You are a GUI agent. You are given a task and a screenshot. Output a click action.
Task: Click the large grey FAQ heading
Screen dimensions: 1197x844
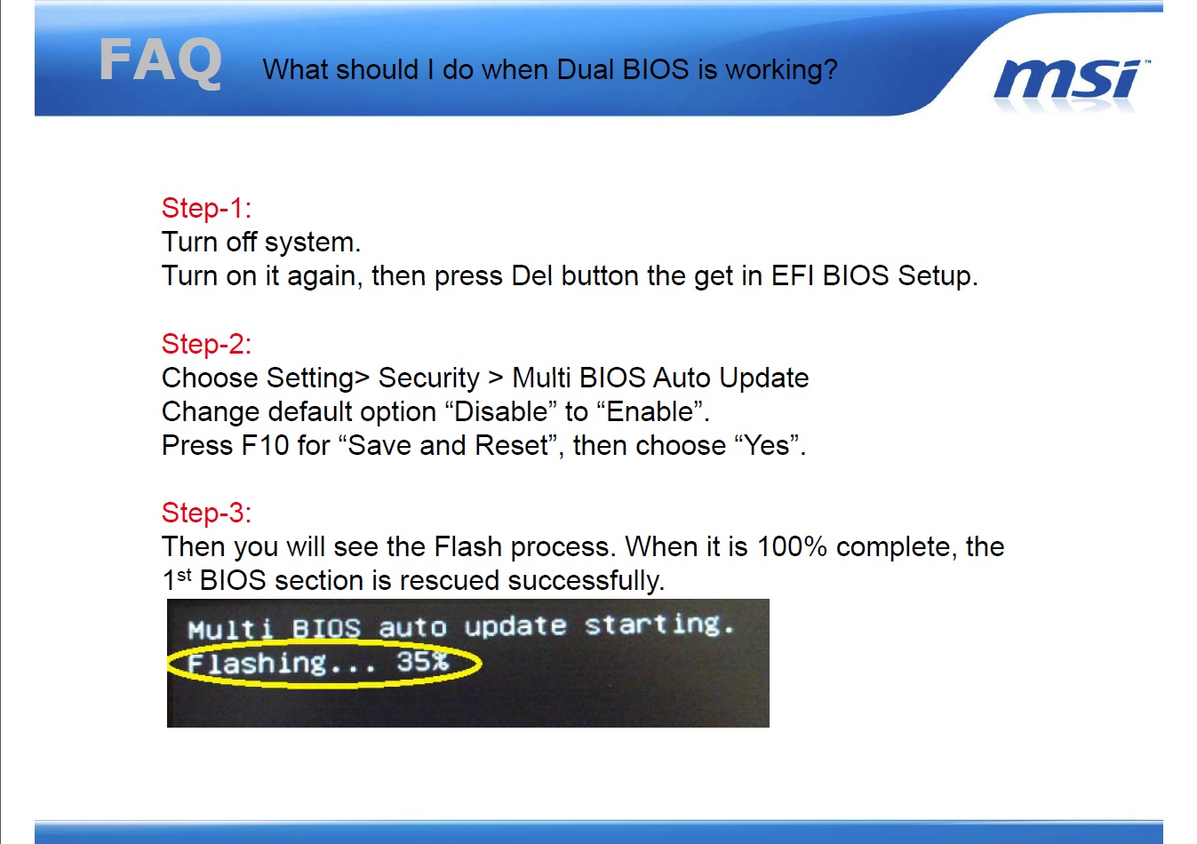click(160, 61)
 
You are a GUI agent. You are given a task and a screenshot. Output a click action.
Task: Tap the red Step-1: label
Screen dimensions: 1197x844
click(206, 208)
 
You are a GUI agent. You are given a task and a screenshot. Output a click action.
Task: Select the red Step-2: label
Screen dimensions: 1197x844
click(206, 344)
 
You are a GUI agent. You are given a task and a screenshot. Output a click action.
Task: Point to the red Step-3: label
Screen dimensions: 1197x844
click(206, 513)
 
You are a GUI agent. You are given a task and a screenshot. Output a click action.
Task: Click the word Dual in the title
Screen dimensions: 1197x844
click(585, 69)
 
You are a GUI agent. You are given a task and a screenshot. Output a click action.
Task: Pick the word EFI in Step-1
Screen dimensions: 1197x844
click(792, 275)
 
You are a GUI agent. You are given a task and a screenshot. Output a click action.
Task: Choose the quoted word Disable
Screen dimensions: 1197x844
click(501, 412)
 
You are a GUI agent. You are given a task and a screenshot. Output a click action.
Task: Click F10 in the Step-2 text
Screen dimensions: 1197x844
click(265, 445)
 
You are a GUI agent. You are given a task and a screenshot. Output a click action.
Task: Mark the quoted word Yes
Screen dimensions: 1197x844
click(766, 445)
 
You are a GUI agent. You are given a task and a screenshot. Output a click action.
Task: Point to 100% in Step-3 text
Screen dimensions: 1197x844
click(792, 546)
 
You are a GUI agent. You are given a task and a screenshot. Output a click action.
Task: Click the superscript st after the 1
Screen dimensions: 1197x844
click(184, 575)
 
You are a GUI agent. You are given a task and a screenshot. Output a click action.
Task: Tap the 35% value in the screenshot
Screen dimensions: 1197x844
click(422, 662)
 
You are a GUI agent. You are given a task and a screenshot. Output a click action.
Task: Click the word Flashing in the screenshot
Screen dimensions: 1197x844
click(257, 665)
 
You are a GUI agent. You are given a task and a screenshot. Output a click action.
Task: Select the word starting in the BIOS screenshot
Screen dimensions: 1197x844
click(658, 625)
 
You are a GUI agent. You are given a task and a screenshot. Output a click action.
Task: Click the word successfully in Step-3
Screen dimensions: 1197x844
click(586, 581)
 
